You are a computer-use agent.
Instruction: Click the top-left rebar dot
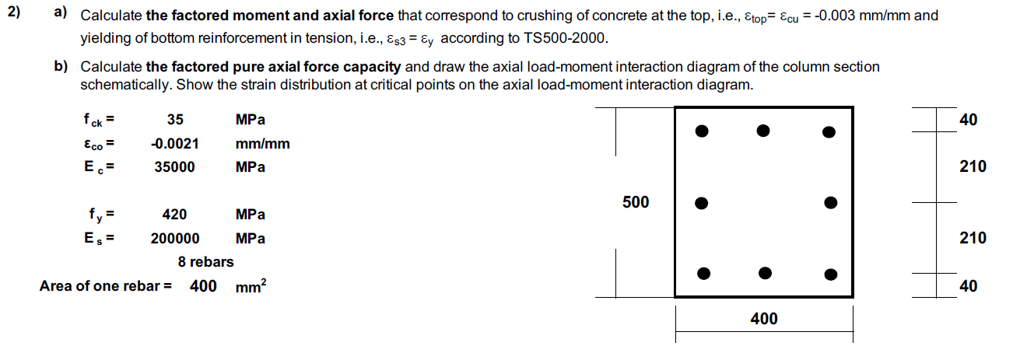coord(702,131)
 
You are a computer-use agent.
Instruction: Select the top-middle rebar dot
coord(764,130)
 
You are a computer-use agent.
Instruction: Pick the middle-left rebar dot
coord(702,204)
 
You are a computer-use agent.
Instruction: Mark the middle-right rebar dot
coord(831,204)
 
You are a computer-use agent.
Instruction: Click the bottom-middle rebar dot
coord(766,272)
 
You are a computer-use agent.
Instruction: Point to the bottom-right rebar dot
coord(831,274)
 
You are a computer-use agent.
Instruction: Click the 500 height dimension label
coord(636,202)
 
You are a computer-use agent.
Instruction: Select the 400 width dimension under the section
coord(764,318)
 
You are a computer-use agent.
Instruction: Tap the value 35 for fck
coord(175,120)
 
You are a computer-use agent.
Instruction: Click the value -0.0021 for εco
coord(175,143)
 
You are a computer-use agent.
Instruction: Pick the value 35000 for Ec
coord(175,167)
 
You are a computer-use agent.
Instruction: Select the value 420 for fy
coord(174,215)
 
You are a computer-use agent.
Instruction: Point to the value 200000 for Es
coord(175,239)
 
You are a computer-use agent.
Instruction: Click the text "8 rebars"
coord(205,262)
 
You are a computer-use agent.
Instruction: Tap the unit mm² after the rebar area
coord(251,286)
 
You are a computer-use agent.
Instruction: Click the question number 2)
coord(16,13)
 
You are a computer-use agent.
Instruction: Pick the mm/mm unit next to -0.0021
coord(262,143)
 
